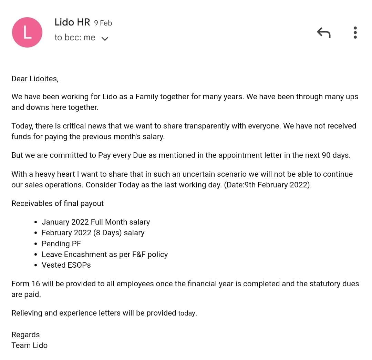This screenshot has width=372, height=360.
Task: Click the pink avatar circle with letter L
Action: coord(27,32)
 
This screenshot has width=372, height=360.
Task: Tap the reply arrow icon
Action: coord(323,33)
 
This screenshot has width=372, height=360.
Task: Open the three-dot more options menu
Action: coord(355,33)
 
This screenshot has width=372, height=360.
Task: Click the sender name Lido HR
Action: coord(72,22)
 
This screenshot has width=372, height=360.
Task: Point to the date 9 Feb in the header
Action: coord(103,23)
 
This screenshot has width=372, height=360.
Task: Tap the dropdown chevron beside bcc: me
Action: coord(105,38)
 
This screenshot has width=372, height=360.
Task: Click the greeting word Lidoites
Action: coord(44,79)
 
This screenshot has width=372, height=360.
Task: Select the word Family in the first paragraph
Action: coord(148,96)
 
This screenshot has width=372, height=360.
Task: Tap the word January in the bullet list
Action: coord(55,222)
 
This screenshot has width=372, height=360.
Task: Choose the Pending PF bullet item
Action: coord(61,244)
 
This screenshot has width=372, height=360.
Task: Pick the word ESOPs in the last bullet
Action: coord(79,265)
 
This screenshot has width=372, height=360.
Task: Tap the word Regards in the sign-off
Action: coord(25,335)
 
